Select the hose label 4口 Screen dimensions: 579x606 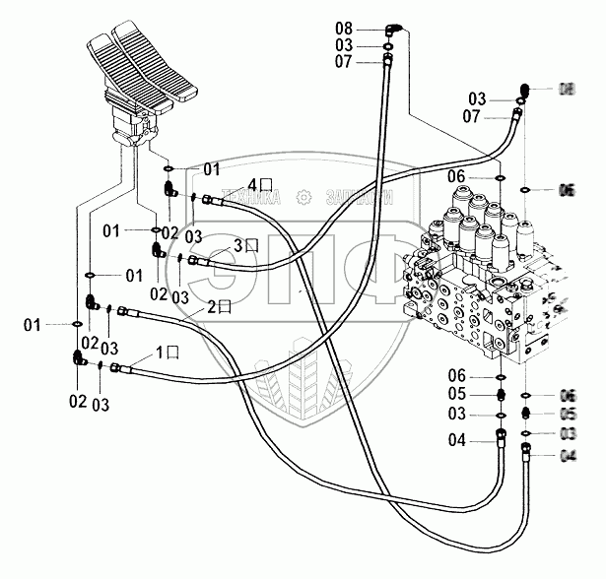pyautogui.click(x=258, y=184)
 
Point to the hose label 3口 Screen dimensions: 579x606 pyautogui.click(x=245, y=244)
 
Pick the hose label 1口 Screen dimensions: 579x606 pyautogui.click(x=168, y=352)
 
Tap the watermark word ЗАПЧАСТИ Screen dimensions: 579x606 pyautogui.click(x=359, y=197)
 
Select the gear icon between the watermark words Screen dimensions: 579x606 pyautogui.click(x=303, y=197)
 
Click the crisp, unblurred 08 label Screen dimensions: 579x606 pyautogui.click(x=343, y=28)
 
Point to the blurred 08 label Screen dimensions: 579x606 pyautogui.click(x=567, y=90)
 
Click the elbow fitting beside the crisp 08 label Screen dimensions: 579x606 pyautogui.click(x=391, y=29)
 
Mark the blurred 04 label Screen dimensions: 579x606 pyautogui.click(x=569, y=455)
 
